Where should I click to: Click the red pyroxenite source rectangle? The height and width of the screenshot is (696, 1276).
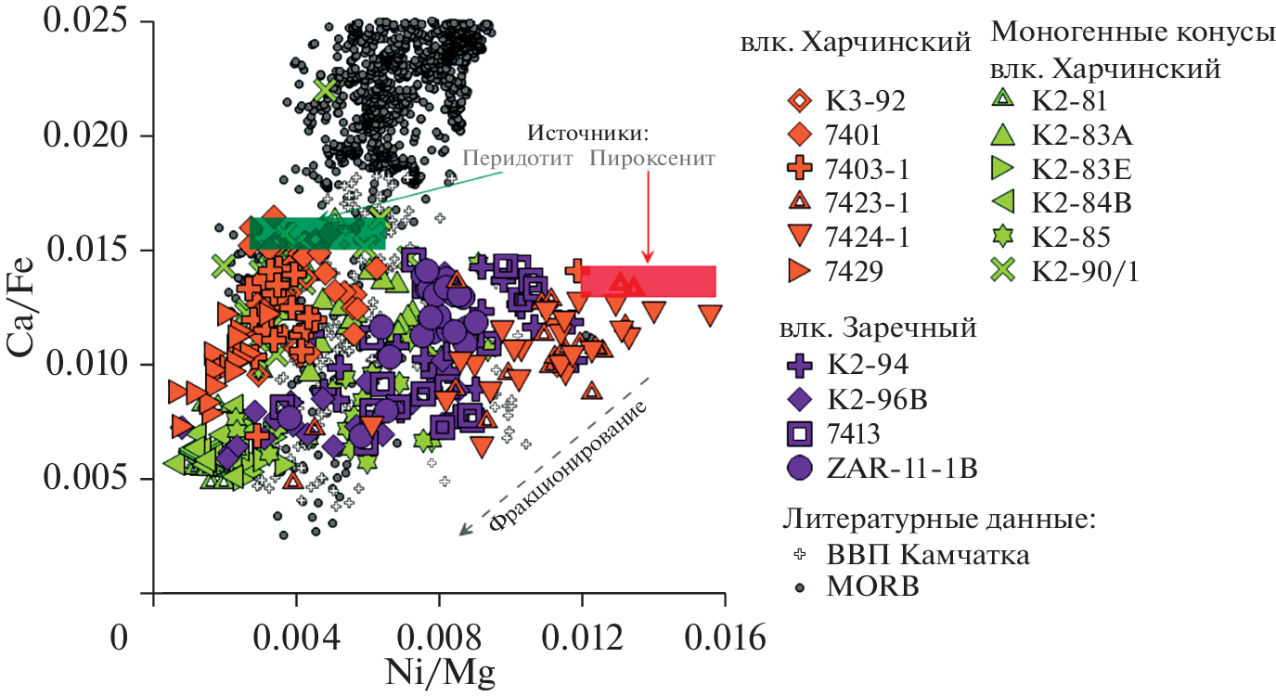pyautogui.click(x=649, y=281)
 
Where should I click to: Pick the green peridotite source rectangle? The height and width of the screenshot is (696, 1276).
pyautogui.click(x=317, y=233)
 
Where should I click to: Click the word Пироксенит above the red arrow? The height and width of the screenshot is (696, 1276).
pyautogui.click(x=652, y=159)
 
